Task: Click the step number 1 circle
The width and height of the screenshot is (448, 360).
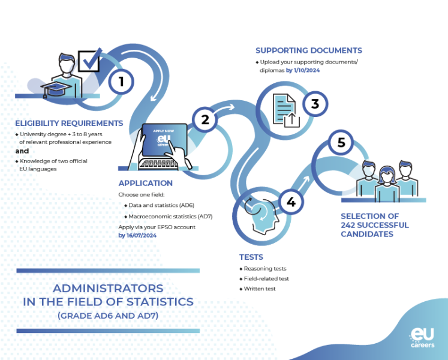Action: pos(122,80)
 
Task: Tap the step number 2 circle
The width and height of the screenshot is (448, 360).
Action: pos(205,119)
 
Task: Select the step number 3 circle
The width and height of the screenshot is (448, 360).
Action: pos(315,104)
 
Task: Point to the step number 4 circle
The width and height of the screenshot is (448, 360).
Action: pos(291,202)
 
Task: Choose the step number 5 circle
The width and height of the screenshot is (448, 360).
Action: pos(342,143)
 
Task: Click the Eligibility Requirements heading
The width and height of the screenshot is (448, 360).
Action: pos(69,123)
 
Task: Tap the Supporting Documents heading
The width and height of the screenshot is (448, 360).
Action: pos(308,50)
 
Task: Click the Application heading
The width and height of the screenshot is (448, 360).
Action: pos(145,183)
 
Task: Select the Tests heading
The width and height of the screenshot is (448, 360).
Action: pos(251,257)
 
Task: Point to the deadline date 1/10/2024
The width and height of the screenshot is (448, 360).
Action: pos(303,70)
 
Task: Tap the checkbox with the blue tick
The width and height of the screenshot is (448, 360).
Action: pos(89,61)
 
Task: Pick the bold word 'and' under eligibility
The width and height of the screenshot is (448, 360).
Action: pos(22,151)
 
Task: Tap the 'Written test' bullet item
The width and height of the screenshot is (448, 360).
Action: pos(259,289)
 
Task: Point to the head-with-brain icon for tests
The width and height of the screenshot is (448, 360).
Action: pos(260,214)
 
